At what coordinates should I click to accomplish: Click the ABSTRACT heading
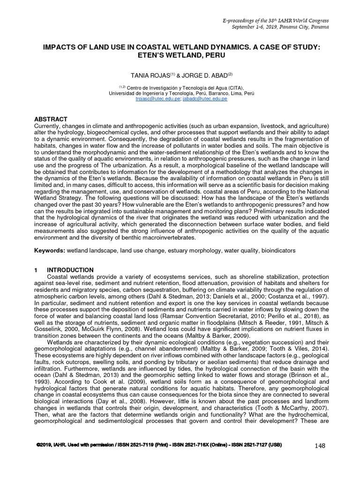(x=51, y=119)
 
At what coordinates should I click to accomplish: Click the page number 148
(x=320, y=445)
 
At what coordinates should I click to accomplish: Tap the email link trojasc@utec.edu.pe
(x=152, y=99)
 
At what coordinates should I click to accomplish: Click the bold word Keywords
(x=50, y=251)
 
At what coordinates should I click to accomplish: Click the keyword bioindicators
(x=278, y=251)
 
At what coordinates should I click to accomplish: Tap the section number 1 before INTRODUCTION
(x=36, y=270)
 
